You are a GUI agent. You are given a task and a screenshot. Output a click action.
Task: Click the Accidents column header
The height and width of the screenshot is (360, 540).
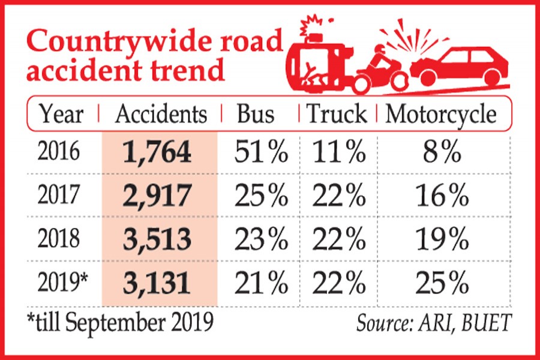click(161, 115)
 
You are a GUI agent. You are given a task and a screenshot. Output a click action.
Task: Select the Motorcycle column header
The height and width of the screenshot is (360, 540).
click(441, 115)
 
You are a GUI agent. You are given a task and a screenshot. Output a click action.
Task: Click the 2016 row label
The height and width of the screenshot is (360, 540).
click(59, 154)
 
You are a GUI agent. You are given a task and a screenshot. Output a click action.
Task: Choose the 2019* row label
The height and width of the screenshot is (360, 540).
click(62, 281)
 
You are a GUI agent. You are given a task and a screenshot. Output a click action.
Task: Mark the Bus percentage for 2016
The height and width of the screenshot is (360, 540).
click(262, 154)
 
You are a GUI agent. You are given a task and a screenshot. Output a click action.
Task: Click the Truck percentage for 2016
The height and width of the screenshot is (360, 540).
click(338, 154)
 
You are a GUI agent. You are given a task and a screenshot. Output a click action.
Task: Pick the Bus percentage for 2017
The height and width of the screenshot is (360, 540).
click(262, 196)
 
